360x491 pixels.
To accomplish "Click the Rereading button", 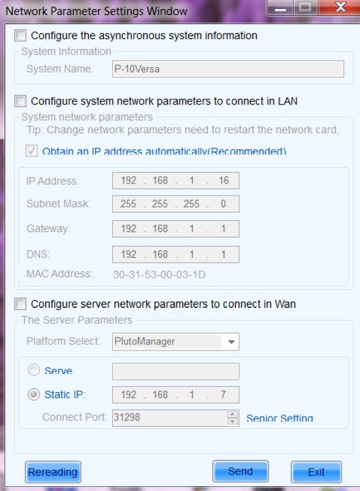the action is (53, 471).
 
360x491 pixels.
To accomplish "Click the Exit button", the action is (316, 471).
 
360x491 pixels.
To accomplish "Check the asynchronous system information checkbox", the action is (20, 35).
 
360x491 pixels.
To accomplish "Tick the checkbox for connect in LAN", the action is (20, 101).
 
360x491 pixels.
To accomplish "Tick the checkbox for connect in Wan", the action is (20, 304).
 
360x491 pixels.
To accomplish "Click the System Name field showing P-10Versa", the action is (228, 69).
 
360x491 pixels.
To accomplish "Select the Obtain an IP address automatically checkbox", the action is (31, 151).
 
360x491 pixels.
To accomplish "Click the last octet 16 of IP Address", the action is (223, 180).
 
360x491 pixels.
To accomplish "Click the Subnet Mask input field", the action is (176, 204).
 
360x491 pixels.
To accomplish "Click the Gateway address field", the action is (176, 229).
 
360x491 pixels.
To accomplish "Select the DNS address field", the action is (176, 254).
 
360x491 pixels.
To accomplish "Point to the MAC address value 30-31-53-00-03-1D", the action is (159, 275).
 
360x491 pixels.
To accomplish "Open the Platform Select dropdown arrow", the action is (231, 342).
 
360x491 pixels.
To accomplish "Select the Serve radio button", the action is (34, 369).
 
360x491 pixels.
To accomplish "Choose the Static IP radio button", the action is (34, 394).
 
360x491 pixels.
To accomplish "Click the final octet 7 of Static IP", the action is (223, 394).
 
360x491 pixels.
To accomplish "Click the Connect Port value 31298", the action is (127, 417).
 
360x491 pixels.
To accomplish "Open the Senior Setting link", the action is (280, 418).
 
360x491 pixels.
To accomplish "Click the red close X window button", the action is (340, 7).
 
